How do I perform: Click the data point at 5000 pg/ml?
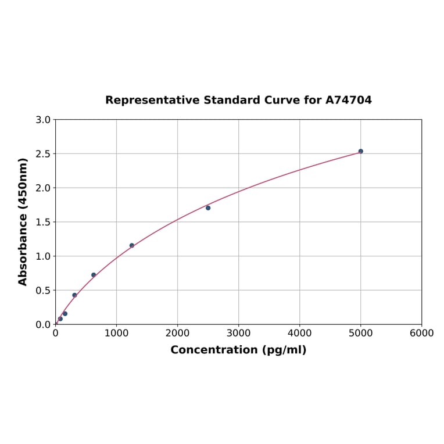point(360,151)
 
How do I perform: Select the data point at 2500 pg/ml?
point(208,207)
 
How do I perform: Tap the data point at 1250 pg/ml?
point(132,245)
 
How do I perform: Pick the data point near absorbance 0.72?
point(94,275)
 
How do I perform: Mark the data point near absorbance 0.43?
point(74,295)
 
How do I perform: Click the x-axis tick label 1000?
point(116,333)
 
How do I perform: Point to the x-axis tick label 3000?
point(238,333)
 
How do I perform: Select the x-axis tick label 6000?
point(421,333)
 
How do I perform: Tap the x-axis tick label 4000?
point(299,333)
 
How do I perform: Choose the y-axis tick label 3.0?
point(43,120)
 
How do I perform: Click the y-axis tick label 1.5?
point(43,222)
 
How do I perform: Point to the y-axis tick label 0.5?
point(43,290)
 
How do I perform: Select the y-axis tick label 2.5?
point(43,154)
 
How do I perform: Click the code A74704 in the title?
point(348,100)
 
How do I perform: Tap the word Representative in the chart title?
point(152,100)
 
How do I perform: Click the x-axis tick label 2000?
point(177,333)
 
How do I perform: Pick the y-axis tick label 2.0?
point(43,188)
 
